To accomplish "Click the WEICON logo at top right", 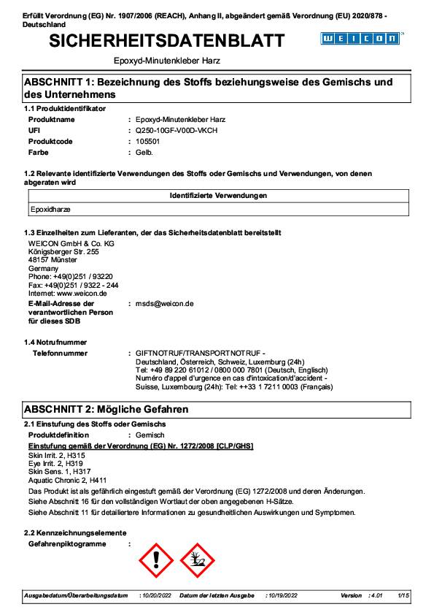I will pyautogui.click(x=362, y=38).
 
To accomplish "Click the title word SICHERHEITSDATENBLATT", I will pyautogui.click(x=167, y=42).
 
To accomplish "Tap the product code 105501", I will pyautogui.click(x=148, y=141).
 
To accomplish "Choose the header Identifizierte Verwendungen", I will pyautogui.click(x=218, y=196).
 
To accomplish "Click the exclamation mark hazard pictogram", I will pyautogui.click(x=155, y=560).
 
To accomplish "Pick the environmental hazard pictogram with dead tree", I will pyautogui.click(x=197, y=560).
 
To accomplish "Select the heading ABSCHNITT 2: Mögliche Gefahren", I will pyautogui.click(x=106, y=409).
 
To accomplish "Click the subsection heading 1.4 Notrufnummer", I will pyautogui.click(x=55, y=342).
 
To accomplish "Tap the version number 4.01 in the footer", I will pyautogui.click(x=376, y=596).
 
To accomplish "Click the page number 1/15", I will pyautogui.click(x=404, y=596).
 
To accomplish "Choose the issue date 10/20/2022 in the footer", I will pyautogui.click(x=155, y=596).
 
